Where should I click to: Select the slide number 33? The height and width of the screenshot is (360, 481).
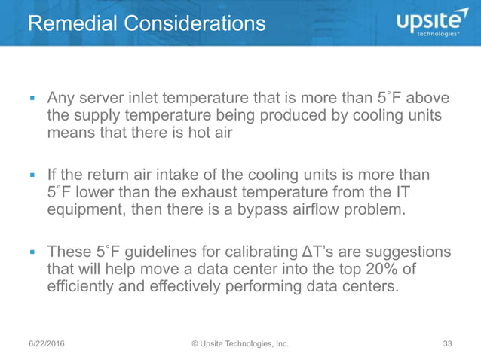(447, 344)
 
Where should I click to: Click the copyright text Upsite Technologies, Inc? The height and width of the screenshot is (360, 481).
(240, 344)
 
